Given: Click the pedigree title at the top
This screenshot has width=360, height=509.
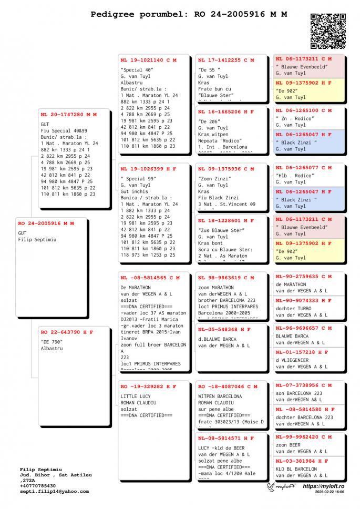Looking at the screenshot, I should tap(189, 14).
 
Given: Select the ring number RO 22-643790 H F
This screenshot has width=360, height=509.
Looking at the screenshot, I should tap(67, 332).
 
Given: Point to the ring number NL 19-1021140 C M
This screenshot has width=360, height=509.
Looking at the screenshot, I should tap(149, 60).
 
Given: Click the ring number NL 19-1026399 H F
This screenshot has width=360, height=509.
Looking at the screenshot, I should tap(149, 169).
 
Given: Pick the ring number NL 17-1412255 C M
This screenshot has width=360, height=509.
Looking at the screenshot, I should tap(226, 60).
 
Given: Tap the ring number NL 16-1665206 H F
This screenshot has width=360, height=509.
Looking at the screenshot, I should tap(226, 112).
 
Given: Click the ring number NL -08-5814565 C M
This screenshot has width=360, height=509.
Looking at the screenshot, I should tap(150, 278).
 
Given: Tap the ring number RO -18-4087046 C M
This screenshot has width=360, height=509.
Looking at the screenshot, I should tap(226, 386).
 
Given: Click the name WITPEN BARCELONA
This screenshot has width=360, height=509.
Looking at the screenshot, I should tap(220, 396).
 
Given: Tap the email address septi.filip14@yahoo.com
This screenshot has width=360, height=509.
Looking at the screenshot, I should tap(55, 491).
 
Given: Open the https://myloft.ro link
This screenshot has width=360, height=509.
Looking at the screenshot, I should tap(323, 486).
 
